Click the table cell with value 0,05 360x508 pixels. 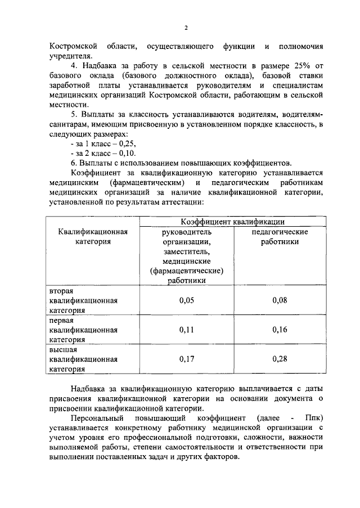pyautogui.click(x=187, y=300)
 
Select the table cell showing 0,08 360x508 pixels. pyautogui.click(x=280, y=300)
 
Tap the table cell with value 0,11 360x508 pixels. pyautogui.click(x=187, y=330)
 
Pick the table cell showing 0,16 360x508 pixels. pyautogui.click(x=280, y=330)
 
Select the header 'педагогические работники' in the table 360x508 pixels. pyautogui.click(x=280, y=236)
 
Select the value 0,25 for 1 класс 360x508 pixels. pyautogui.click(x=125, y=143)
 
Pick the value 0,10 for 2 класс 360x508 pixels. pyautogui.click(x=125, y=153)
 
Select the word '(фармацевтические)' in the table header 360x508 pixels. pyautogui.click(x=187, y=271)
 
